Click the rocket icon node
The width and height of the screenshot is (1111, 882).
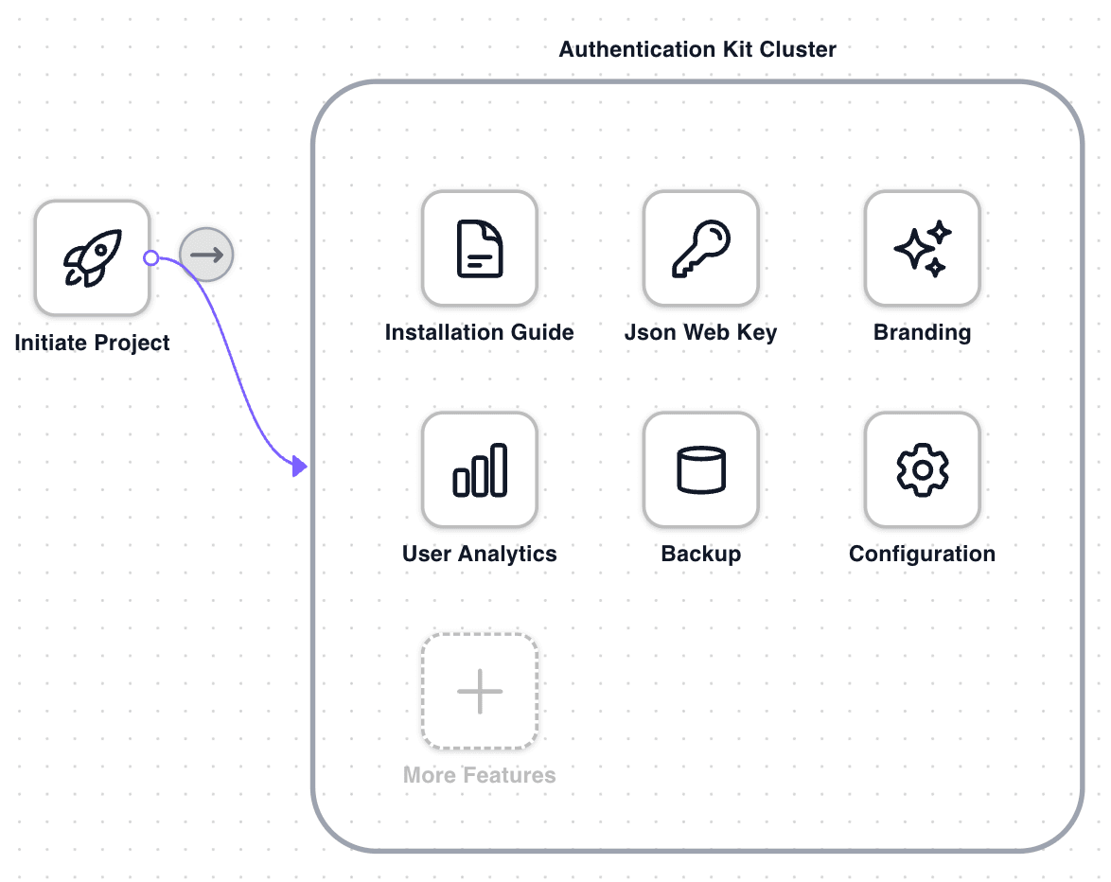[x=92, y=257]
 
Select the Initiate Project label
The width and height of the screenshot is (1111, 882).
[x=92, y=343]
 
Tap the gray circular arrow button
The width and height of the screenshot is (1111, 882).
[x=206, y=255]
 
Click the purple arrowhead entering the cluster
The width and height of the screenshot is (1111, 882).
[x=300, y=466]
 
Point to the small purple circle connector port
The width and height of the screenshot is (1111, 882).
[x=150, y=257]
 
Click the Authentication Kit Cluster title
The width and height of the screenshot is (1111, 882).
[x=697, y=49]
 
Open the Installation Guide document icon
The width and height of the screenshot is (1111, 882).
[x=480, y=249]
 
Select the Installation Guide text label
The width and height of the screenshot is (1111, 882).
[x=480, y=333]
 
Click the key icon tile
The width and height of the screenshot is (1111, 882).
[x=701, y=249]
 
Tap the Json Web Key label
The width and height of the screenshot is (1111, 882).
[x=701, y=333]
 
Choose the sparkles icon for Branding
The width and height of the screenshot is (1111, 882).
[x=923, y=249]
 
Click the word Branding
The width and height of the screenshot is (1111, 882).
[x=923, y=333]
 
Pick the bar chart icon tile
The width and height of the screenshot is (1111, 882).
[x=480, y=470]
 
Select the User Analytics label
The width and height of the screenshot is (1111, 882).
[x=480, y=555]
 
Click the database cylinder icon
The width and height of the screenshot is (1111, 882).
[x=701, y=470]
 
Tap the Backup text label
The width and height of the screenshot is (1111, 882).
[x=701, y=555]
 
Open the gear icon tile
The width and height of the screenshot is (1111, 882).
[x=923, y=470]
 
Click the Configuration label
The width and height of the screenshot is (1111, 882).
[x=923, y=555]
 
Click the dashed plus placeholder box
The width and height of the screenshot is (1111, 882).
[x=480, y=692]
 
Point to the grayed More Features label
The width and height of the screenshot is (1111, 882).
[x=480, y=776]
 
